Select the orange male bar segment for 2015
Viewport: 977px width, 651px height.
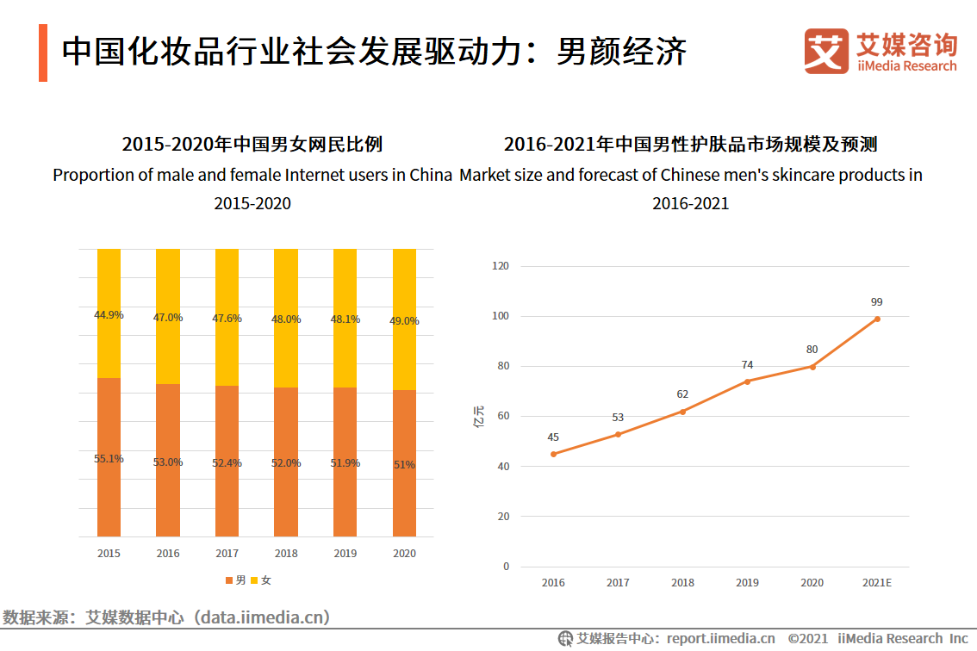click(109, 456)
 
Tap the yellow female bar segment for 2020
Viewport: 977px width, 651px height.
click(404, 319)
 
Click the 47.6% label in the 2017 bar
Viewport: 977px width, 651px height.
click(227, 319)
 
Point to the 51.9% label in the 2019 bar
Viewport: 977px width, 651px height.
click(345, 462)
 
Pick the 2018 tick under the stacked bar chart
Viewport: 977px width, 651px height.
click(286, 554)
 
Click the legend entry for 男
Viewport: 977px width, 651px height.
click(235, 580)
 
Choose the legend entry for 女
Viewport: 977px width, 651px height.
click(261, 580)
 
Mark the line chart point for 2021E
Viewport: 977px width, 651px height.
click(877, 319)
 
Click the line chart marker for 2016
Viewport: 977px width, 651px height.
click(553, 454)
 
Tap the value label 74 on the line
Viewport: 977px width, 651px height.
click(747, 365)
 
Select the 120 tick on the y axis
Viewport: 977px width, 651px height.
click(501, 266)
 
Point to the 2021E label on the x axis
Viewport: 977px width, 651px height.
click(877, 583)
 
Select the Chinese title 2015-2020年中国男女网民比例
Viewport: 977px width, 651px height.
click(252, 144)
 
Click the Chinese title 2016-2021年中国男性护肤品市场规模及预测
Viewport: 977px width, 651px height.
click(690, 144)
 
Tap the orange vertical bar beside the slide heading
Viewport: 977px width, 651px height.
click(43, 53)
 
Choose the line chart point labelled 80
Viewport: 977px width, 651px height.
click(812, 367)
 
